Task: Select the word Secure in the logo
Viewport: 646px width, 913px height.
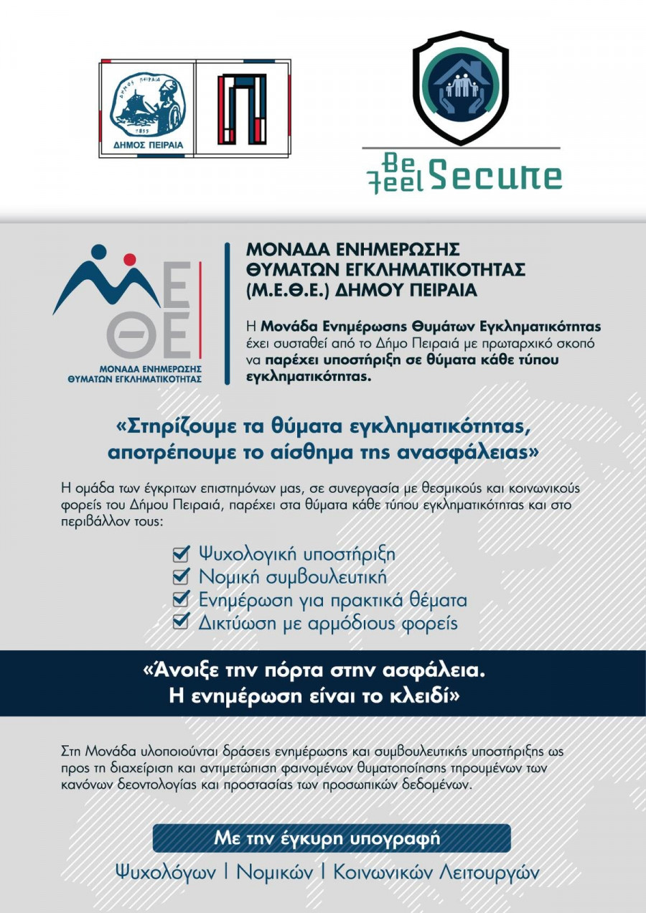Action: coord(496,176)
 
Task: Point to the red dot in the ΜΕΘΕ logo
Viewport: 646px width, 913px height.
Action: coord(129,259)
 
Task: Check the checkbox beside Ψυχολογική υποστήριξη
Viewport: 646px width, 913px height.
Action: coord(181,554)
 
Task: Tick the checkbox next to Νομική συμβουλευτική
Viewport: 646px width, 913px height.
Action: coord(181,577)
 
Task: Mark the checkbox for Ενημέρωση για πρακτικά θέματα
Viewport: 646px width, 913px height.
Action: coord(181,600)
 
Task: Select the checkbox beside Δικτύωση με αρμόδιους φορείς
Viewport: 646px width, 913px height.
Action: coord(181,622)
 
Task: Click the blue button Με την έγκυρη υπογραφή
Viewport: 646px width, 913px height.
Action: coord(332,838)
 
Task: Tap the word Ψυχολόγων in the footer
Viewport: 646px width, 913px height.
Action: coord(166,872)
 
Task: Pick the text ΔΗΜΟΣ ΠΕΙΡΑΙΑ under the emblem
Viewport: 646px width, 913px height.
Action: coord(147,145)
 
